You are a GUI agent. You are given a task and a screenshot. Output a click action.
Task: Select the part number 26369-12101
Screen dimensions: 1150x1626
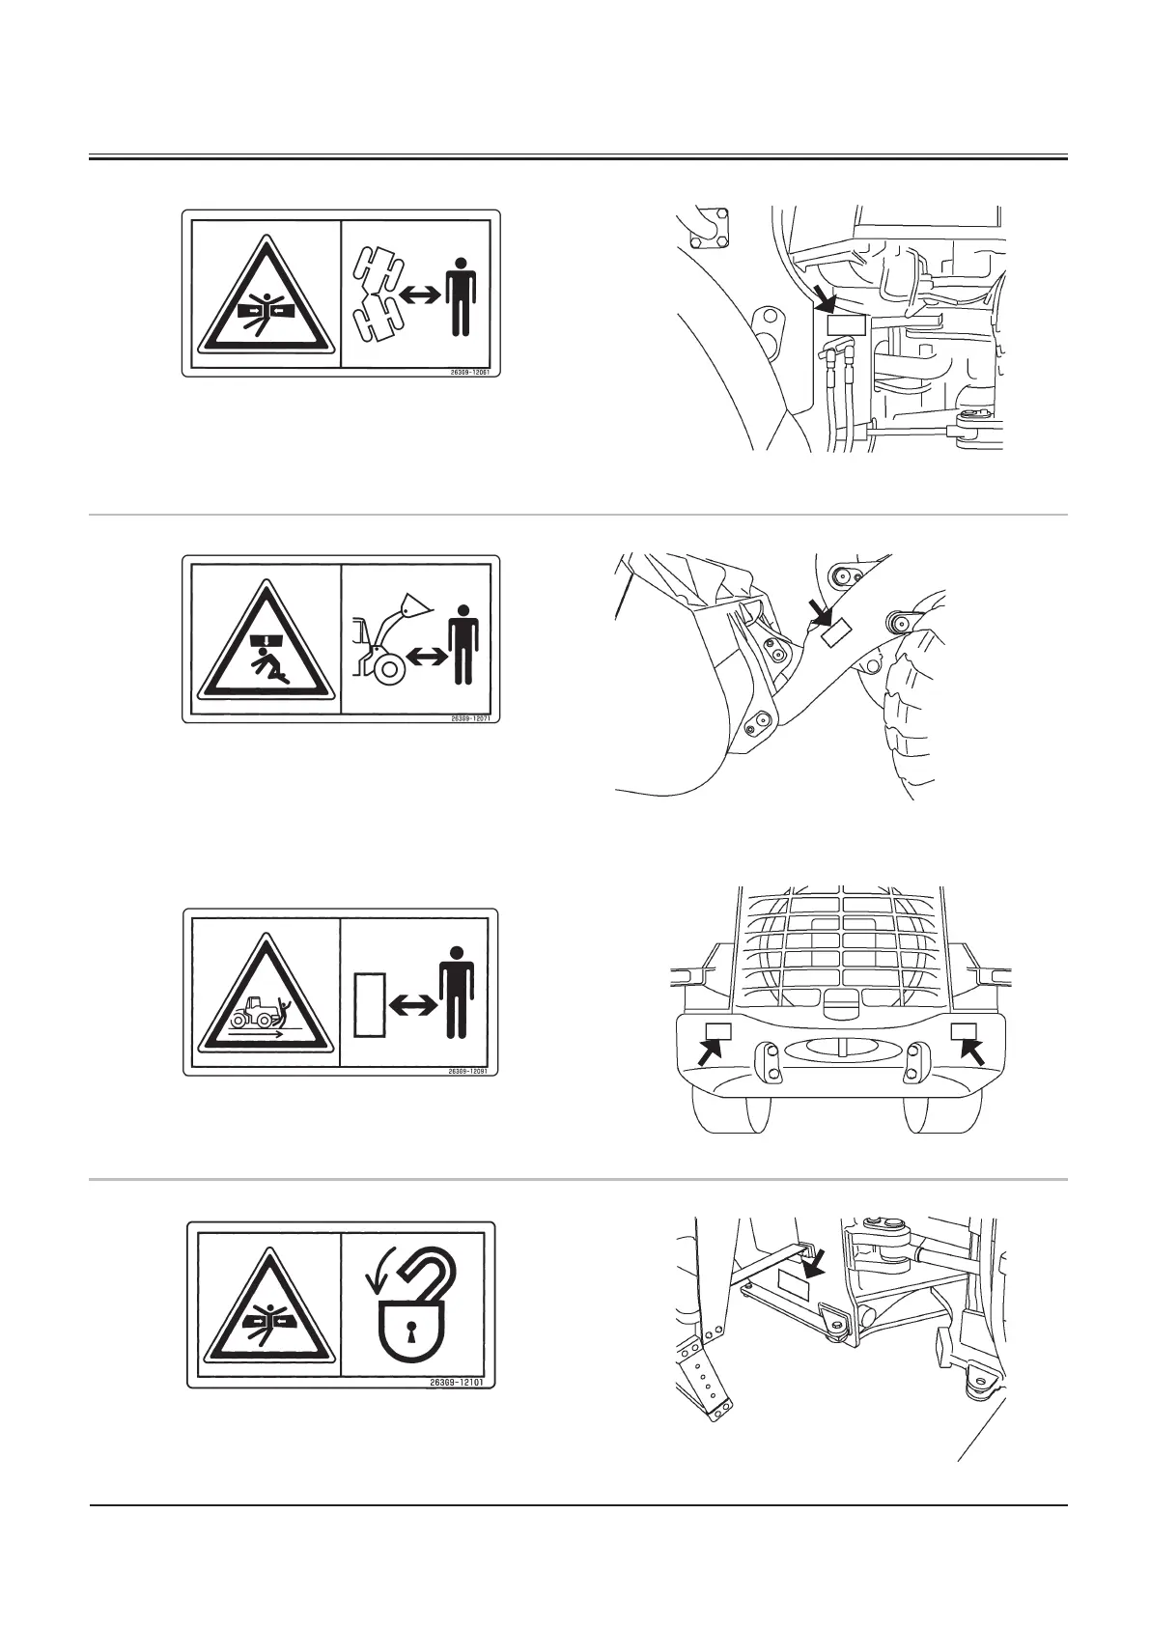point(463,1382)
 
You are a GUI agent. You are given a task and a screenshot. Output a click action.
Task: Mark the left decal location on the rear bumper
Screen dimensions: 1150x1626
point(719,1032)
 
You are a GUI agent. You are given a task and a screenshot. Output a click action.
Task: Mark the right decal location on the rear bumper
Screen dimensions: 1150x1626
point(964,1031)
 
